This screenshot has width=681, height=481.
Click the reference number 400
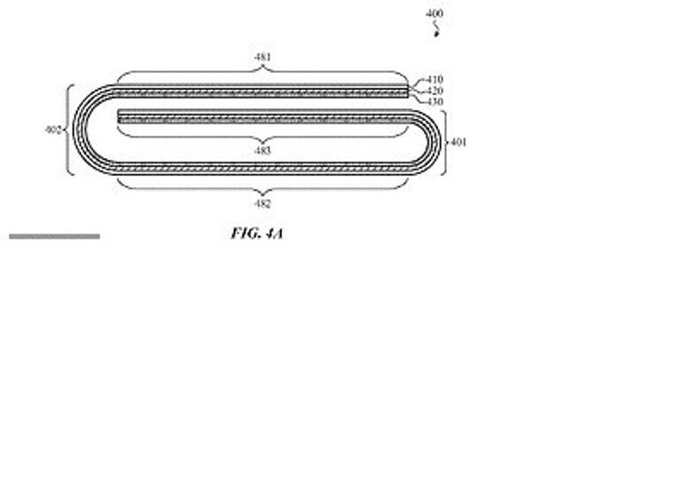point(434,13)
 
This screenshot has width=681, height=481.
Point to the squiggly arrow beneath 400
point(435,29)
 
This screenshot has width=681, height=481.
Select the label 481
point(262,57)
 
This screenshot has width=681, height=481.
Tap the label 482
point(262,203)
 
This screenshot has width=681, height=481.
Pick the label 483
point(262,150)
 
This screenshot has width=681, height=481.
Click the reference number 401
point(458,142)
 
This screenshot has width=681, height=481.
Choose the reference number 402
point(53,130)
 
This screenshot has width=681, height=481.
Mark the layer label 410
point(434,80)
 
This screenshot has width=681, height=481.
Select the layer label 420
point(434,91)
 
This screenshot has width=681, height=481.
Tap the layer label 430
point(434,102)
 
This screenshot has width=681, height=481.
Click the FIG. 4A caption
point(257,233)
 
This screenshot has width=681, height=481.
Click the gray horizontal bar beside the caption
point(54,236)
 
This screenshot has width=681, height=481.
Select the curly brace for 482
point(262,186)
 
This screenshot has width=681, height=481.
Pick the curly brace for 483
point(262,133)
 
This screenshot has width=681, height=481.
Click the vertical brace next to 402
point(69,130)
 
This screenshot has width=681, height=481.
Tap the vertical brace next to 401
point(444,143)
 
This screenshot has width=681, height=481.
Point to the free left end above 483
point(119,116)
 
